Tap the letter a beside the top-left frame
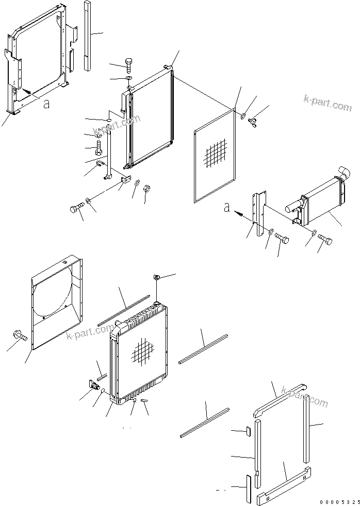coord(46,104)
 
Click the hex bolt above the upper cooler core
coord(128,65)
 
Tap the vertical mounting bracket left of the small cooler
coord(258,211)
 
